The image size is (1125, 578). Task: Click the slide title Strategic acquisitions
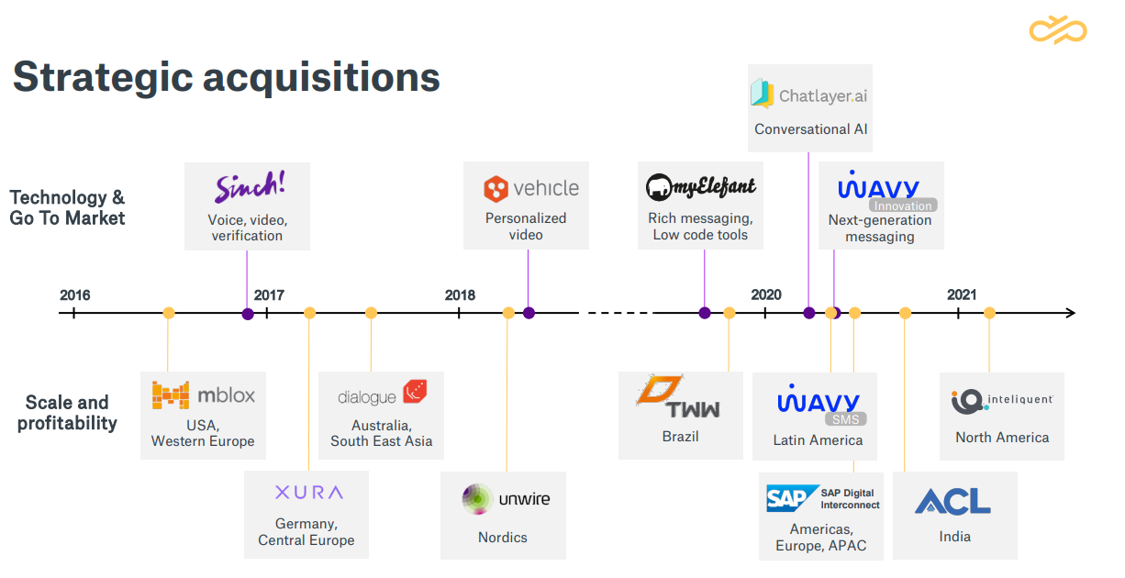pyautogui.click(x=226, y=77)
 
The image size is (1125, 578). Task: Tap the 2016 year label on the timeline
pyautogui.click(x=75, y=295)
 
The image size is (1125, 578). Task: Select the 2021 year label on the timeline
pyautogui.click(x=962, y=295)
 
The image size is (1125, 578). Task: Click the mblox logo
pyautogui.click(x=203, y=395)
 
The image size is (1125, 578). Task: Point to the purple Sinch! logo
pyautogui.click(x=250, y=187)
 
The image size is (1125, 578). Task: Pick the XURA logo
pyautogui.click(x=308, y=493)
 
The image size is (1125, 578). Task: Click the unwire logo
pyautogui.click(x=506, y=499)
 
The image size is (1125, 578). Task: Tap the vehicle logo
pyautogui.click(x=531, y=189)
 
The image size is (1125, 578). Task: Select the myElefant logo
pyautogui.click(x=701, y=187)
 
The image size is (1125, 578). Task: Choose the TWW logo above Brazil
pyautogui.click(x=679, y=397)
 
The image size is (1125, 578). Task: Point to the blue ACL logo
pyautogui.click(x=953, y=501)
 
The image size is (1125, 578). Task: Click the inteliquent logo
pyautogui.click(x=1001, y=400)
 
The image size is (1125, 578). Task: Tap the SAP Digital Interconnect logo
pyautogui.click(x=822, y=499)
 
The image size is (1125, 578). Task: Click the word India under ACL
pyautogui.click(x=954, y=537)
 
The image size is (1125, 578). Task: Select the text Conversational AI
pyautogui.click(x=810, y=129)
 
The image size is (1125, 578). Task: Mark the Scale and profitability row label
pyautogui.click(x=67, y=413)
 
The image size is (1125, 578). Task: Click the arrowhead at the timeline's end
pyautogui.click(x=1069, y=313)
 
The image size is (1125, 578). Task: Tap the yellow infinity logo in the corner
pyautogui.click(x=1057, y=30)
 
